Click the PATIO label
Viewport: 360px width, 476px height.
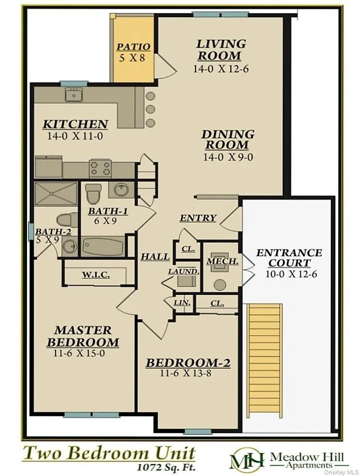point(133,47)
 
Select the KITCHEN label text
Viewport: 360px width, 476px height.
point(75,124)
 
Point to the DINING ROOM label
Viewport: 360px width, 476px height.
point(228,140)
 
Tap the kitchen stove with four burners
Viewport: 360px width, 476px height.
point(101,168)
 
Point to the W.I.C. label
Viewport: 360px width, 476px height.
point(96,275)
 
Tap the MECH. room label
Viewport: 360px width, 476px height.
point(223,261)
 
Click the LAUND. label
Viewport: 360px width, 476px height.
point(183,271)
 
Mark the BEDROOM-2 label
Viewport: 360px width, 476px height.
point(188,363)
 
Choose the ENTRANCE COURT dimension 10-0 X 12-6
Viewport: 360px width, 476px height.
point(289,274)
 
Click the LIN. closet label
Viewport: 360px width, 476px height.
point(184,302)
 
